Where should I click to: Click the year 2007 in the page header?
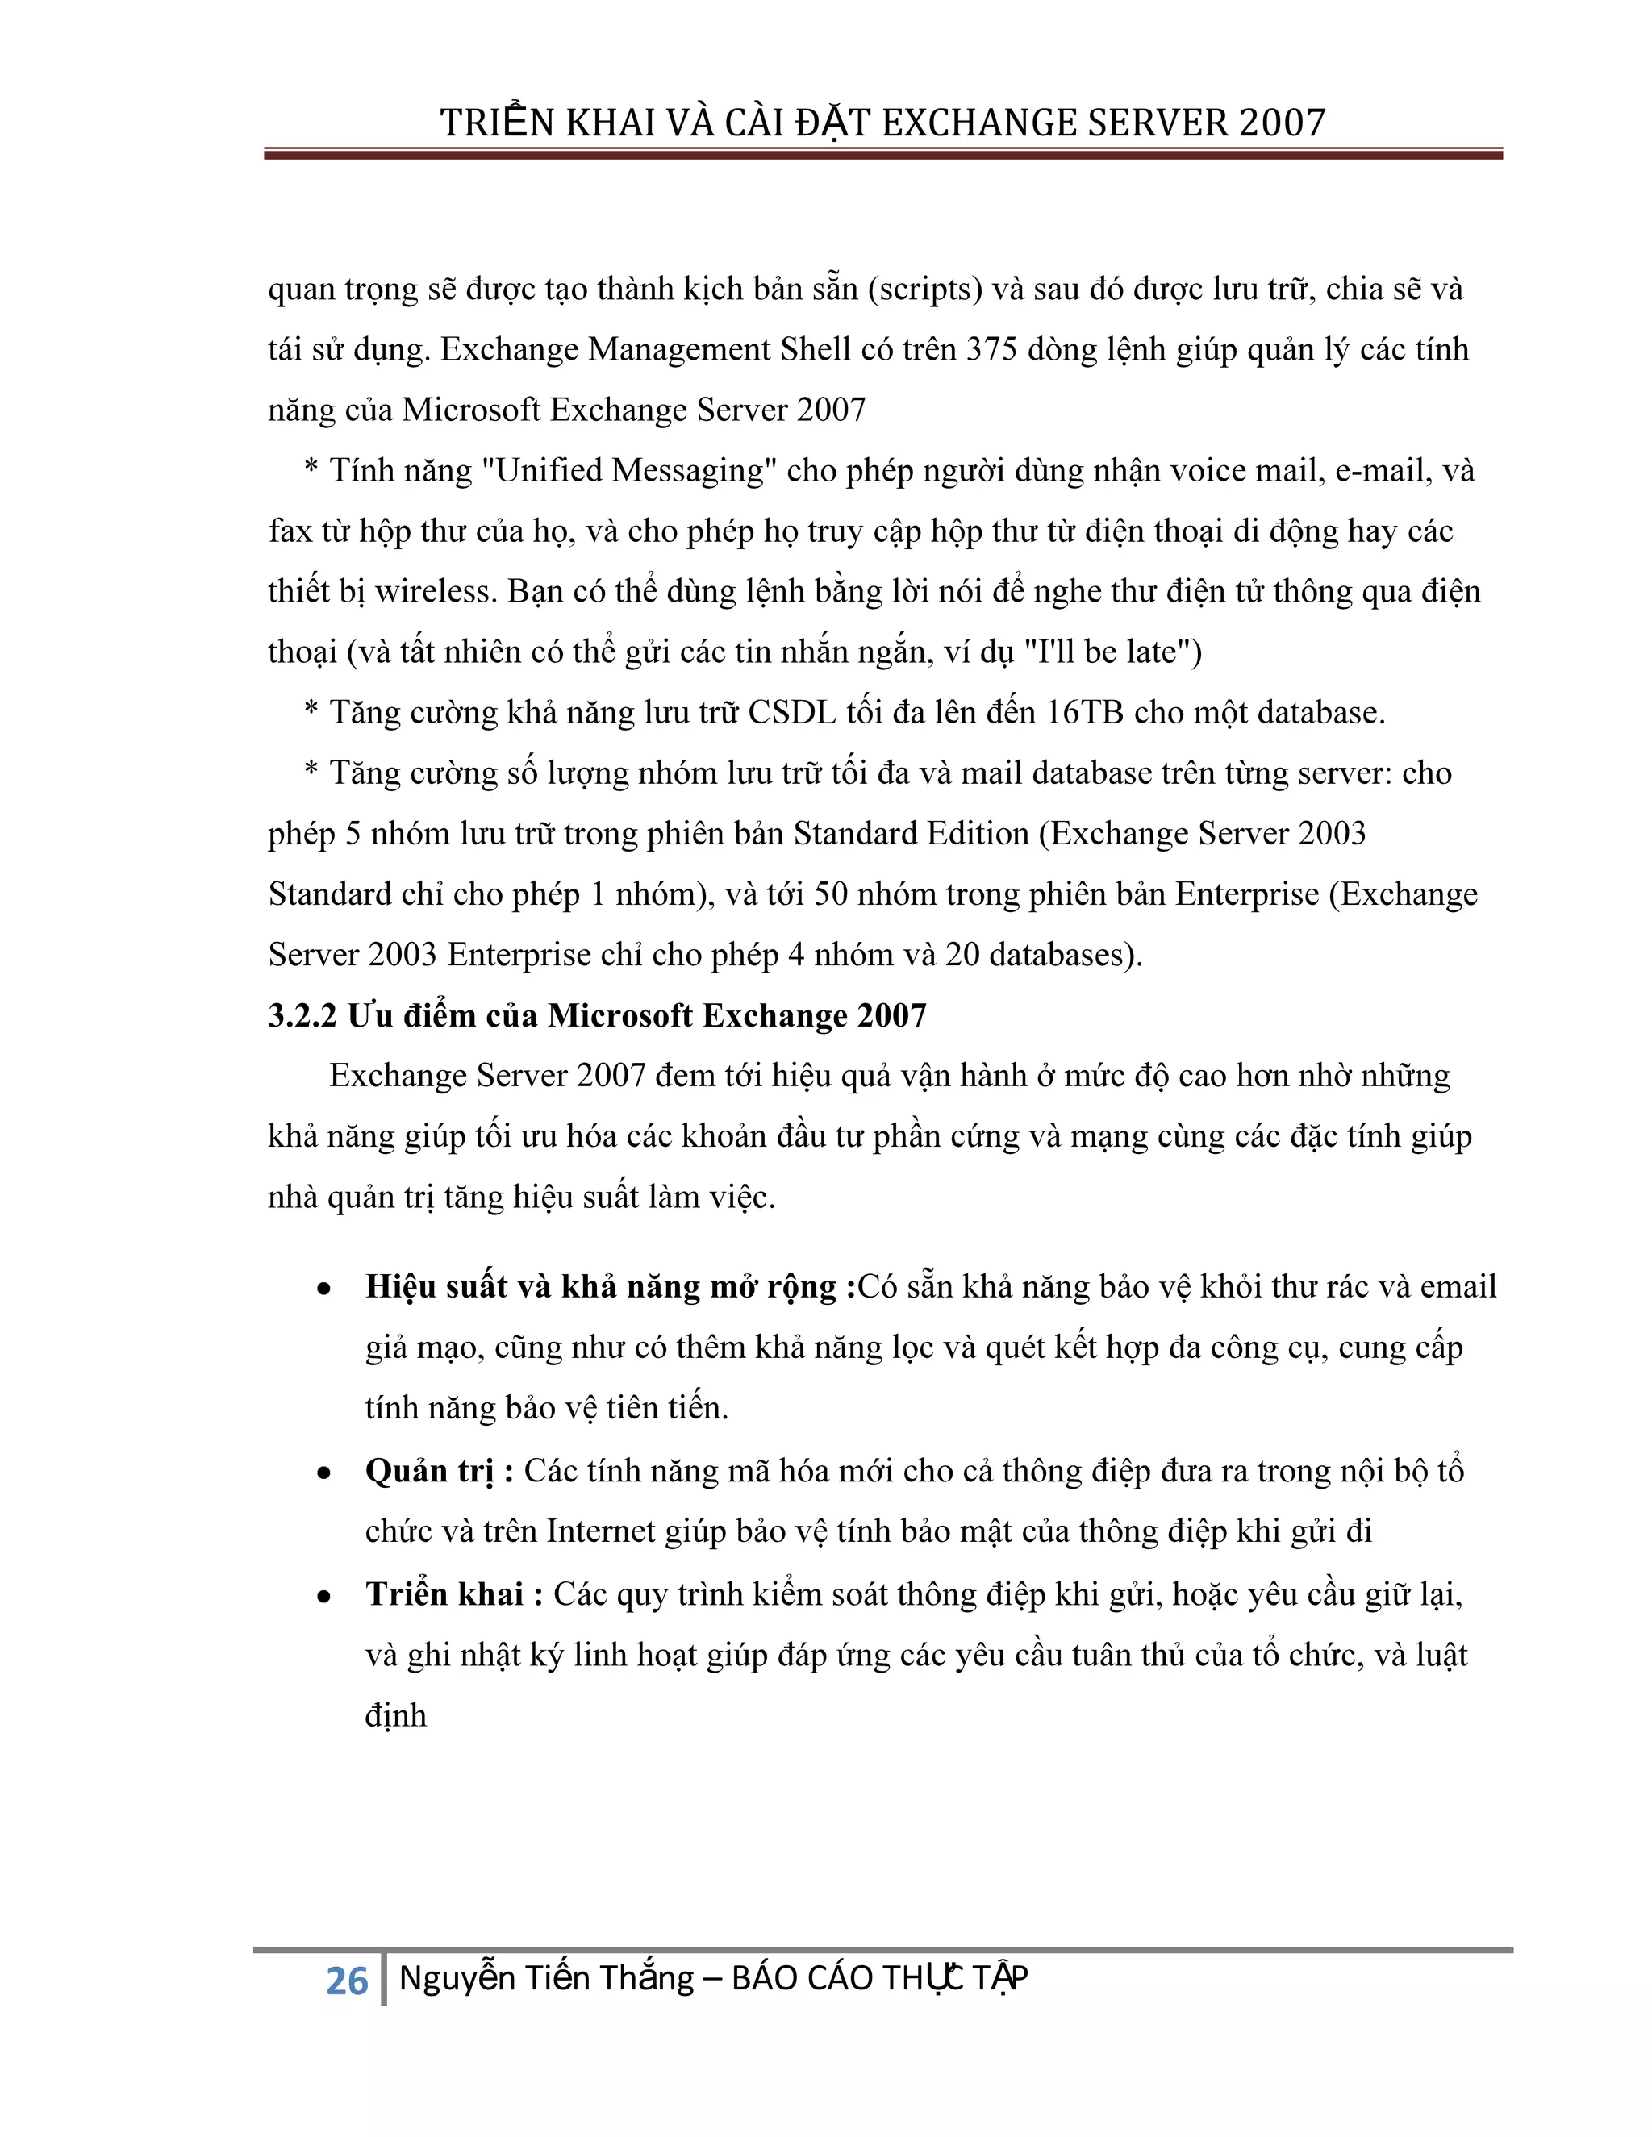pyautogui.click(x=1282, y=123)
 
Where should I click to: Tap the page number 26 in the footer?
pyautogui.click(x=346, y=1981)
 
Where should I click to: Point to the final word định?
pyautogui.click(x=395, y=1715)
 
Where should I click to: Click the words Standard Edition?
pyautogui.click(x=910, y=834)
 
